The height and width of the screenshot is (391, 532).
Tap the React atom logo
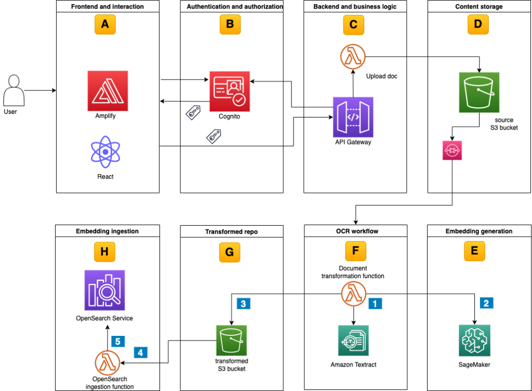105,152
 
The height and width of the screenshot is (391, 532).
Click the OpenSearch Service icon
104,290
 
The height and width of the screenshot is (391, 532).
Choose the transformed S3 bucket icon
231,341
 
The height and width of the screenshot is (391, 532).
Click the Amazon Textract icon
353,341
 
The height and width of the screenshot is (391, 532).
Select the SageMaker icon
474,341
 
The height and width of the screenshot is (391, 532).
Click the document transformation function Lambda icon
353,295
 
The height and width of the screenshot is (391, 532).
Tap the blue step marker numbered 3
243,303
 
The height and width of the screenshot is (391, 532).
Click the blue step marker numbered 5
117,342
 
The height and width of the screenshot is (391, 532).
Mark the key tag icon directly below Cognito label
214,137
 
